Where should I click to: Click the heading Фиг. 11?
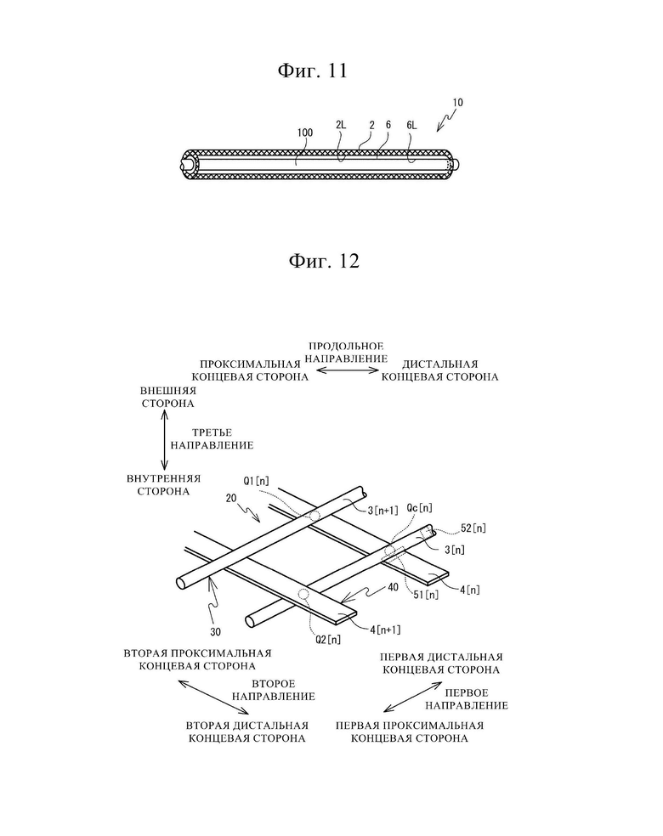(312, 71)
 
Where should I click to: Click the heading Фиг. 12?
(324, 261)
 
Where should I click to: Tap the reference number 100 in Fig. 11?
(305, 133)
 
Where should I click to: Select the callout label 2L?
(341, 125)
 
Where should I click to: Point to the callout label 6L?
(411, 125)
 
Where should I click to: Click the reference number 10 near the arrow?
(457, 102)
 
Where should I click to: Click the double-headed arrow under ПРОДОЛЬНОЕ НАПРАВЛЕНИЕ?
(347, 370)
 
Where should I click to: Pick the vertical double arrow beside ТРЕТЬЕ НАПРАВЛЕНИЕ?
(164, 440)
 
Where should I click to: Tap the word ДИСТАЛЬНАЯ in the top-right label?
(440, 364)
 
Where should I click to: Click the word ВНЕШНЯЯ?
(168, 391)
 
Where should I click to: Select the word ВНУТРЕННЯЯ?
(164, 478)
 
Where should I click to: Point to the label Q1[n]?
(257, 481)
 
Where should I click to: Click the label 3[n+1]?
(383, 511)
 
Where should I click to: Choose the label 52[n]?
(473, 528)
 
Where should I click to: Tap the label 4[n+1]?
(385, 630)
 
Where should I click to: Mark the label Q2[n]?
(328, 639)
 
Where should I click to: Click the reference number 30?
(215, 632)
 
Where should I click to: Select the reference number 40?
(393, 587)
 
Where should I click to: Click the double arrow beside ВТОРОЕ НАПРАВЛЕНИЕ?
(213, 697)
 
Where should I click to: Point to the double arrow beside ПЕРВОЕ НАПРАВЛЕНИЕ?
(413, 697)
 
